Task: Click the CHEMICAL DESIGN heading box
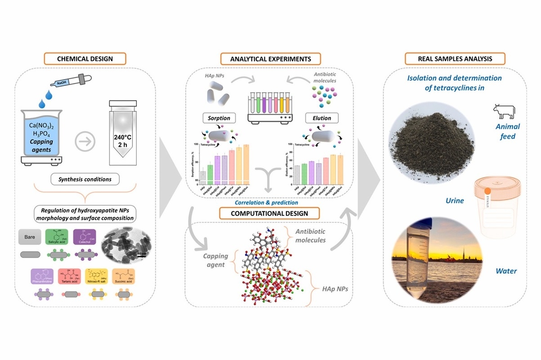85,58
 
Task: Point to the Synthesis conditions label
85,179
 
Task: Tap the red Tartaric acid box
70,276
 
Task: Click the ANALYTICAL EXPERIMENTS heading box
270,58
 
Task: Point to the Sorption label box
219,118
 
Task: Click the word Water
506,271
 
